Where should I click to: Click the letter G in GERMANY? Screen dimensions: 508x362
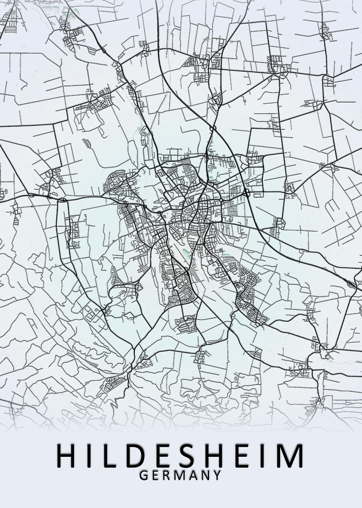pyautogui.click(x=143, y=475)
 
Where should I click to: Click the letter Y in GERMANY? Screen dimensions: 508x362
pyautogui.click(x=217, y=475)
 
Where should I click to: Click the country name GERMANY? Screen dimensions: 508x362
pyautogui.click(x=180, y=475)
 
